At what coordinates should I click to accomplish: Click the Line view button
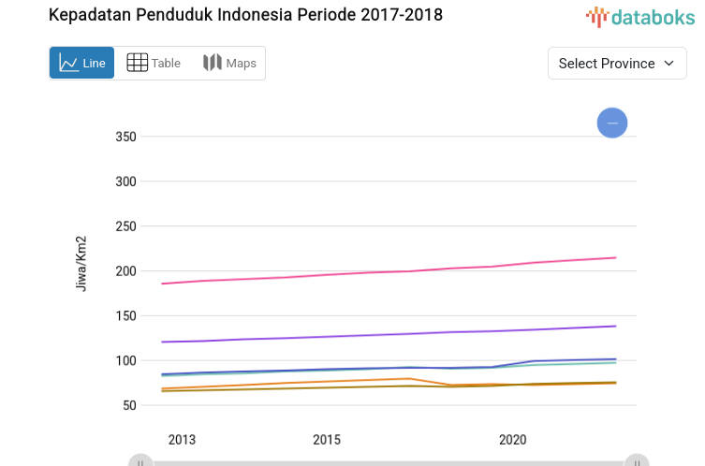(82, 63)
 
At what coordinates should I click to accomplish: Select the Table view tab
(154, 63)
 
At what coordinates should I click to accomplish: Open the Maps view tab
(229, 63)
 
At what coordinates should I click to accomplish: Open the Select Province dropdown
(616, 63)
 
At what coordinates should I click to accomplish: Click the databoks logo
(640, 16)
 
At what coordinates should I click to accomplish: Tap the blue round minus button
(612, 123)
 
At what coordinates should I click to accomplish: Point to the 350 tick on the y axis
(125, 137)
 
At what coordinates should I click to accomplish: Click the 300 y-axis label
(125, 182)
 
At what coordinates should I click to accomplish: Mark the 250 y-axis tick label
(125, 226)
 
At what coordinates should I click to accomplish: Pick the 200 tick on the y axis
(125, 271)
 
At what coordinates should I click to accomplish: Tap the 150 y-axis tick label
(125, 316)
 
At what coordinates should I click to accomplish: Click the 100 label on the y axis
(125, 361)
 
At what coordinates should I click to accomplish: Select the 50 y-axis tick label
(129, 405)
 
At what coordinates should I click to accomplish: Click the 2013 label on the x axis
(182, 440)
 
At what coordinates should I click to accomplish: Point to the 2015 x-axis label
(327, 440)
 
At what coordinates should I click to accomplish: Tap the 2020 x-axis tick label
(512, 440)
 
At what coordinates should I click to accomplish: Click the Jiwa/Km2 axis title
(81, 263)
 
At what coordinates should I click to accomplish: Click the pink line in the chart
(375, 273)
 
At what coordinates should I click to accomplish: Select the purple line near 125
(281, 338)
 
